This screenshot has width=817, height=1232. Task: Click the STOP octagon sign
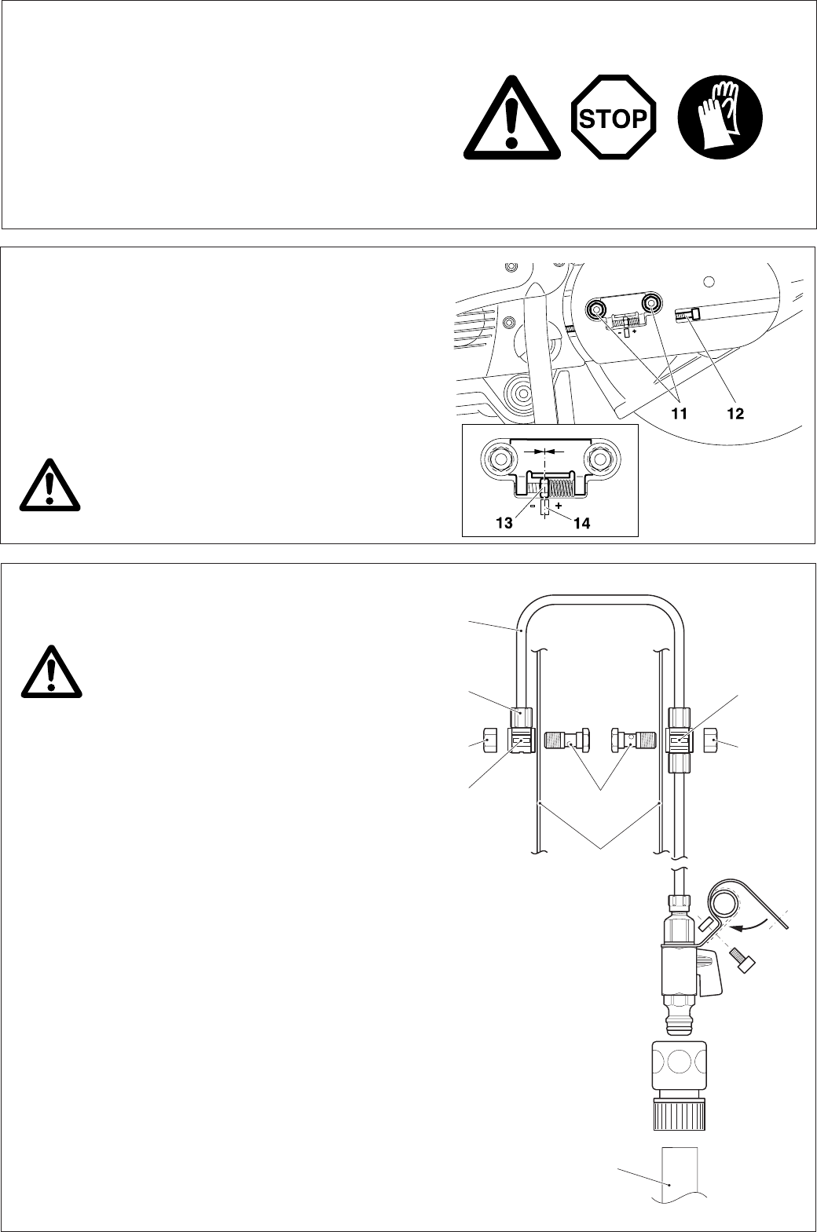tap(613, 119)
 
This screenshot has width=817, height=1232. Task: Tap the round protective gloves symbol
tap(720, 119)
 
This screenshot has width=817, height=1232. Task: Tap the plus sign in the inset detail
tap(558, 506)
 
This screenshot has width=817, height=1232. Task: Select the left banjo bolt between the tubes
tap(568, 739)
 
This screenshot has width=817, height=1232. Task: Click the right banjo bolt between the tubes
tap(632, 739)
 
